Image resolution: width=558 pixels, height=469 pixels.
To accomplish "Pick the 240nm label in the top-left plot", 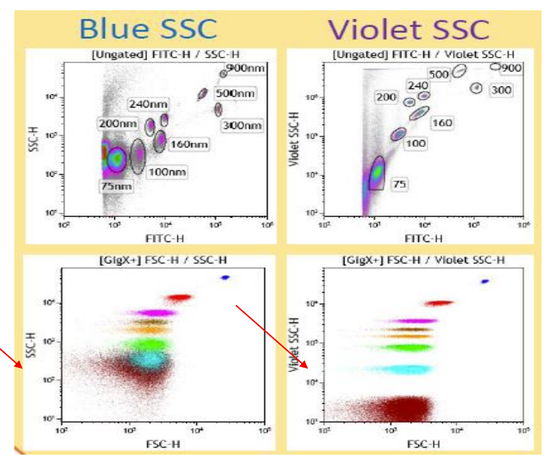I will coord(147,104).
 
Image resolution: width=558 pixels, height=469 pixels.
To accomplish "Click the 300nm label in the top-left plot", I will coord(242,125).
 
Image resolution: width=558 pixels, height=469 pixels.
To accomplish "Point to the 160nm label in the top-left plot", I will coord(190,144).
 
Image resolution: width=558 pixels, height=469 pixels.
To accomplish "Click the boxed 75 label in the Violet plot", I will coord(400,184).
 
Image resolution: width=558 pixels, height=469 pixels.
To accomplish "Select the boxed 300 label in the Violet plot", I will coord(501,90).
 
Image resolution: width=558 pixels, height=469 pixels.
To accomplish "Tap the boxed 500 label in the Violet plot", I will coord(439,73).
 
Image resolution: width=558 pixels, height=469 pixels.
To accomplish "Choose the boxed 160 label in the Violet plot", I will coord(442,123).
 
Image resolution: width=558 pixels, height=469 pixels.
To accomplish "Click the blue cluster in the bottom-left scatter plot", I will coord(225,277).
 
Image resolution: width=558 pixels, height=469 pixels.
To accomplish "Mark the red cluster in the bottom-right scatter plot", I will coord(438,302).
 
